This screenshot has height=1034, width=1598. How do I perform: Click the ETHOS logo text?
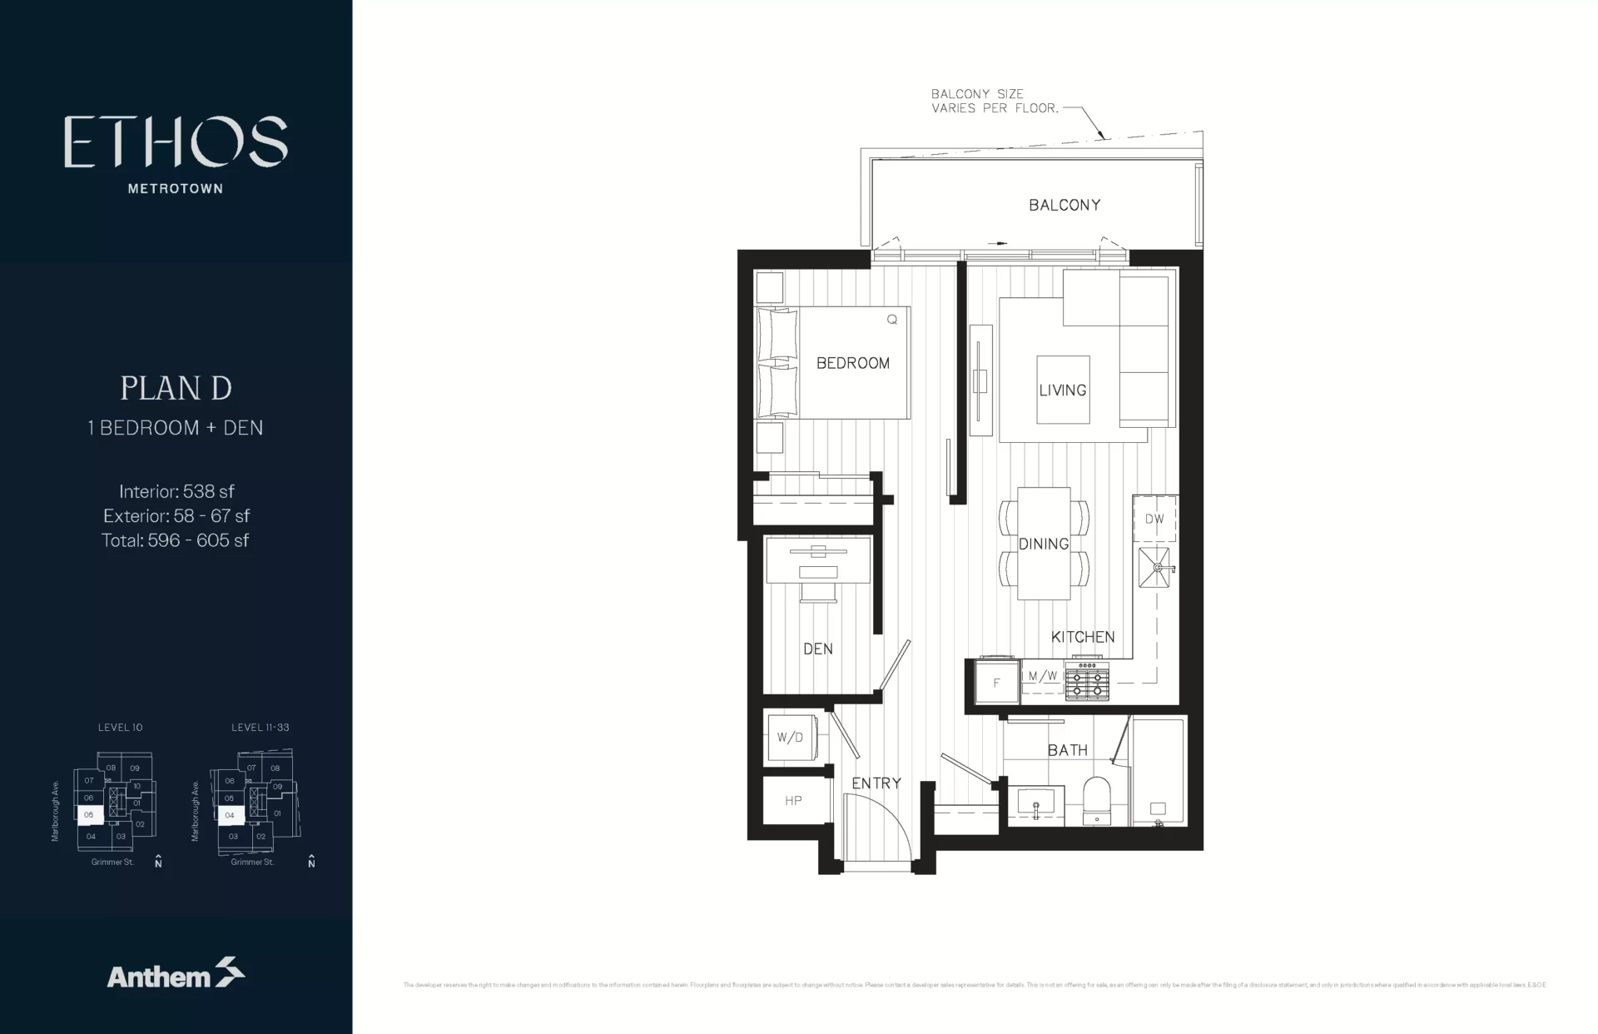click(x=176, y=142)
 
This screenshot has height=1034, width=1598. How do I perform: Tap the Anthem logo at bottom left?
click(x=176, y=974)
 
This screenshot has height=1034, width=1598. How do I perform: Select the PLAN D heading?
click(x=176, y=388)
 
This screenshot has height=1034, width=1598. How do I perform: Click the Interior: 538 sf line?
click(x=176, y=491)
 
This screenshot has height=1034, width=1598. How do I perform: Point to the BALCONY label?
click(x=1064, y=205)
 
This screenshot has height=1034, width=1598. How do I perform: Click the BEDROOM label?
click(x=852, y=363)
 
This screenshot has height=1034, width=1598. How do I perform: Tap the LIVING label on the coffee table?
click(x=1062, y=390)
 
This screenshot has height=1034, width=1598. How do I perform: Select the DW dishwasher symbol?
click(x=1154, y=519)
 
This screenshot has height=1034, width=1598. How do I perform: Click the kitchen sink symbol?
click(x=1154, y=568)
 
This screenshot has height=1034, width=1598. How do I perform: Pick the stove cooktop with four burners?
click(x=1087, y=681)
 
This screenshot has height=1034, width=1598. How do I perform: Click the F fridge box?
click(x=996, y=683)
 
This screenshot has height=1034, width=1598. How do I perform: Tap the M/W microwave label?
click(x=1042, y=676)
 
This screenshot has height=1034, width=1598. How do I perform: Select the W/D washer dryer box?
click(x=789, y=738)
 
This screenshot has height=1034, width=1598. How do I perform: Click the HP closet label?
click(x=792, y=801)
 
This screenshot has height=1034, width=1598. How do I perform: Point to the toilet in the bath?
click(x=1096, y=800)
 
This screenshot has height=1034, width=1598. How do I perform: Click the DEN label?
click(x=817, y=649)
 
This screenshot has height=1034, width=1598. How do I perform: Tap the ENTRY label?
click(x=876, y=783)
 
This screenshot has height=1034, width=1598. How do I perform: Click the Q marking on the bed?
click(x=891, y=320)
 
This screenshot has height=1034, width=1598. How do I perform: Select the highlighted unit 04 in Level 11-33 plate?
click(x=229, y=815)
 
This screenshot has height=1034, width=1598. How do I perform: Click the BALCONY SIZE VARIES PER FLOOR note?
click(x=977, y=101)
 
